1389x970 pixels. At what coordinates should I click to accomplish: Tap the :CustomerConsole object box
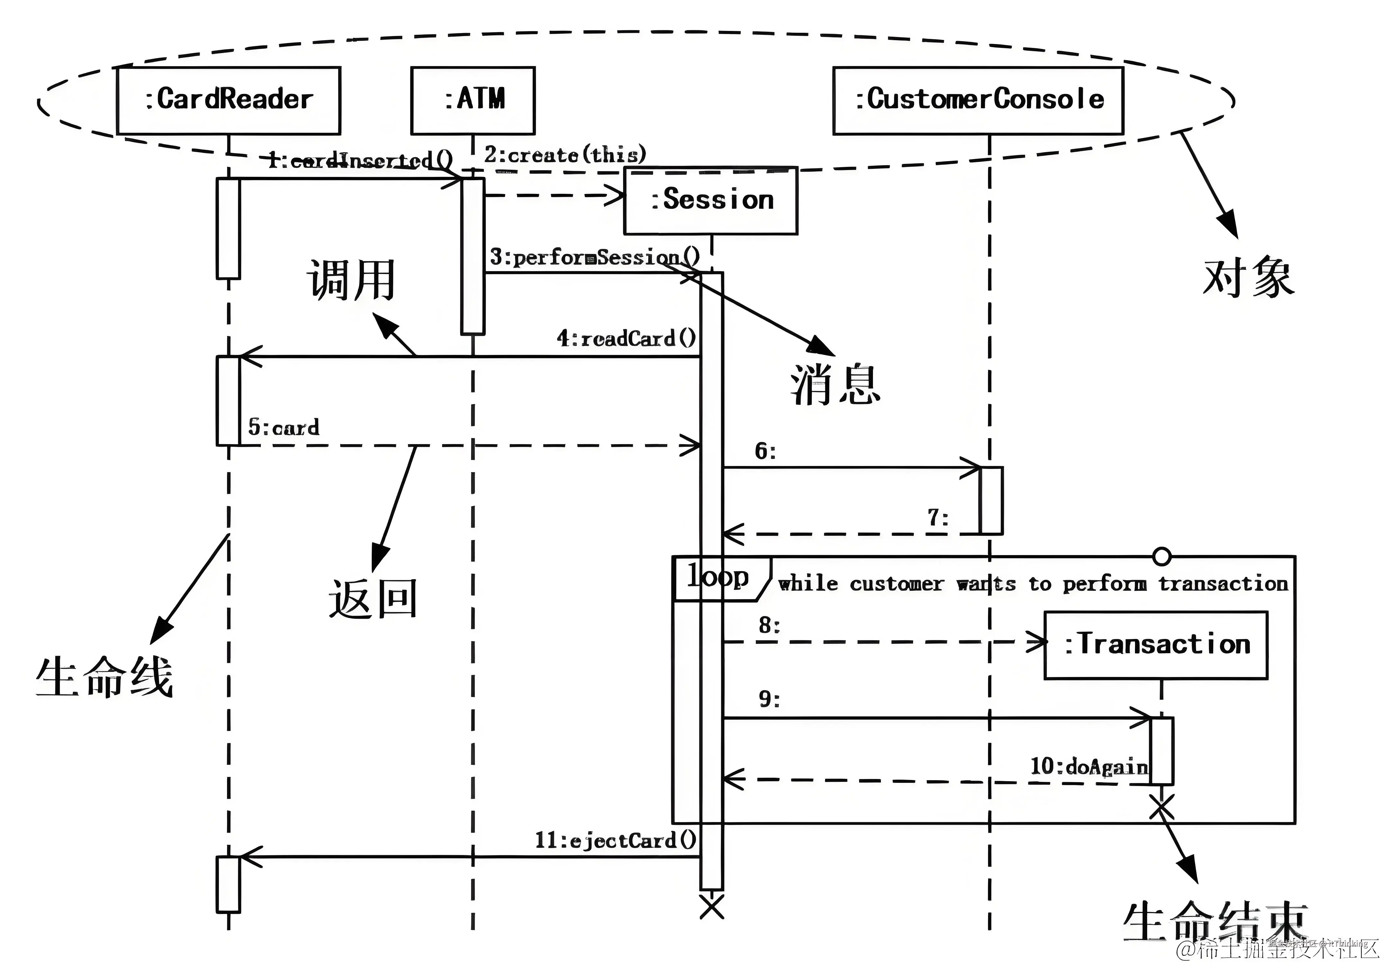coord(978,100)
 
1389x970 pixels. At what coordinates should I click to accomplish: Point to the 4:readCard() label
coord(626,338)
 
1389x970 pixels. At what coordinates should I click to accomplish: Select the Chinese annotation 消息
coord(835,385)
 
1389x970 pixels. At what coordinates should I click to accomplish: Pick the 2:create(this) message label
coord(564,155)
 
